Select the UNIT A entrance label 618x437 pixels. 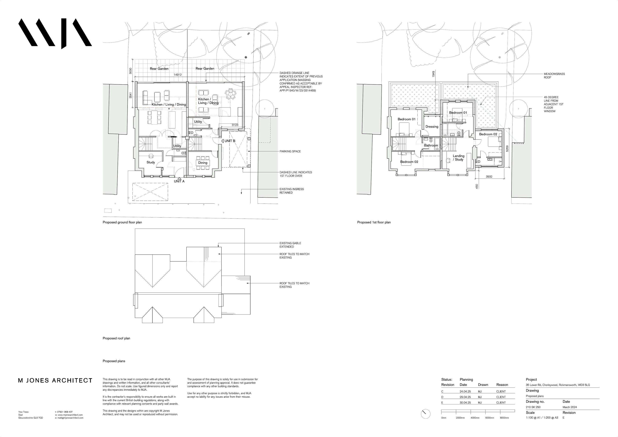[179, 181]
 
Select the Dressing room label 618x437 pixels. [432, 127]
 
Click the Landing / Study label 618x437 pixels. [458, 158]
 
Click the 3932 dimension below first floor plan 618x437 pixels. [489, 177]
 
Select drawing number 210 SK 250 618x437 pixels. [533, 407]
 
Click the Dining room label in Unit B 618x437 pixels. [203, 163]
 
